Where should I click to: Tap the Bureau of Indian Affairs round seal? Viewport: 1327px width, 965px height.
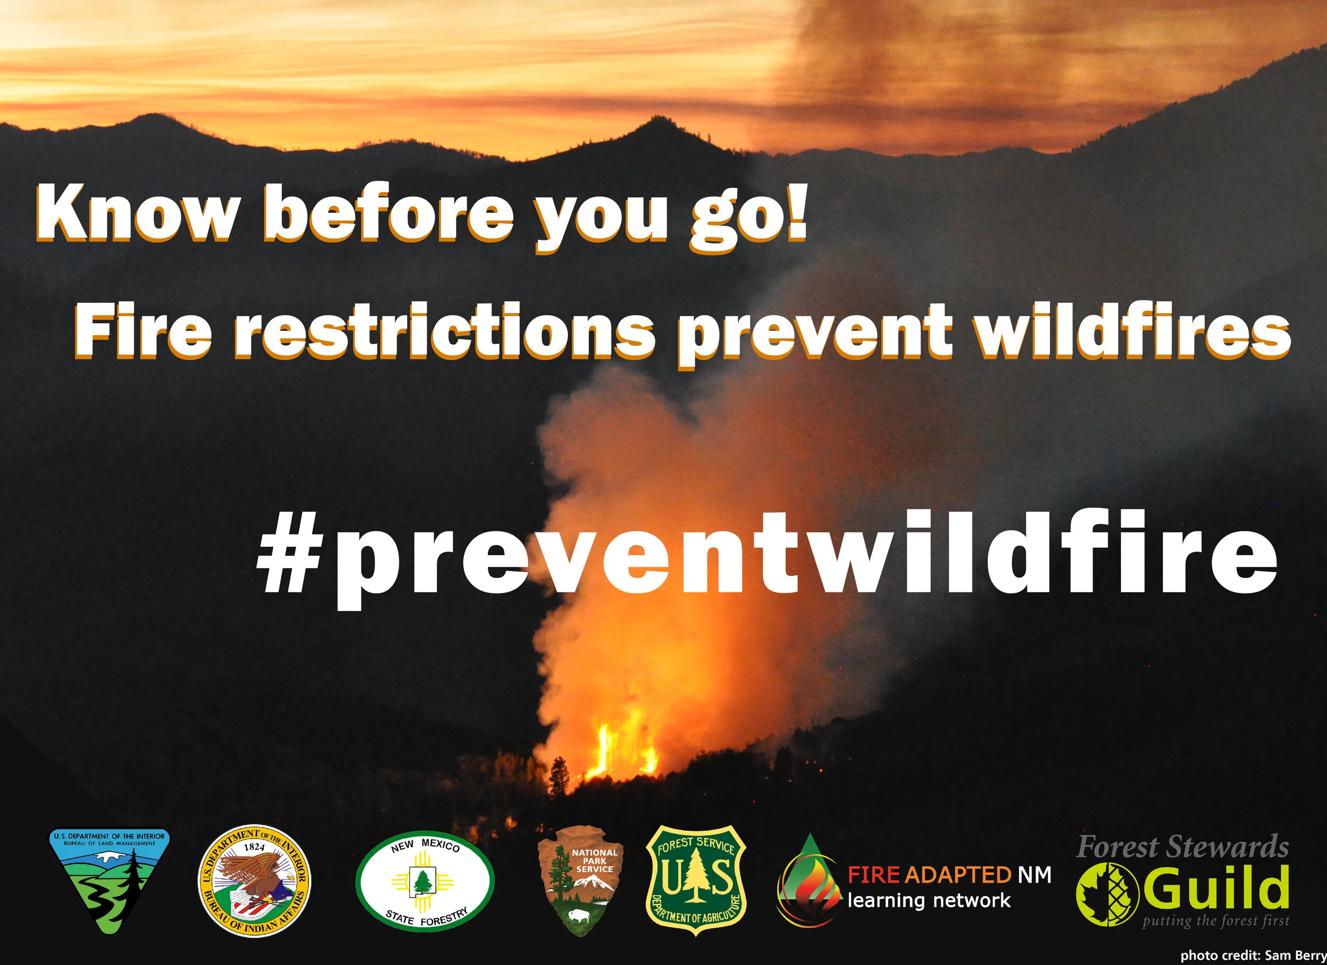254,881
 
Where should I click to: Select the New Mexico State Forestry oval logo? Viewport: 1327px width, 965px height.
425,881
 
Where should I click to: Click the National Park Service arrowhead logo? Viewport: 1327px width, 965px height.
580,881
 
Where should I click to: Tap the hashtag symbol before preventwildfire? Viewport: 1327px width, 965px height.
290,552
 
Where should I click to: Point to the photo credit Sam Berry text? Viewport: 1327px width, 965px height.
1253,955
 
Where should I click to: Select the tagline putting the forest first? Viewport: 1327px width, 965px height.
1216,921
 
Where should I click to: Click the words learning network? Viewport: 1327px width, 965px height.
929,900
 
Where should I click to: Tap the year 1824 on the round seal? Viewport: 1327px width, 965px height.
254,846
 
